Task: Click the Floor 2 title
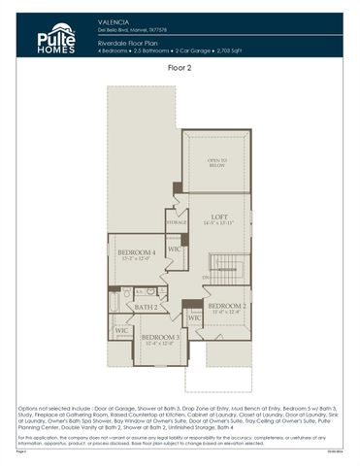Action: tap(180, 69)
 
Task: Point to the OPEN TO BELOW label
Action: tap(216, 162)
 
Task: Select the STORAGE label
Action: tap(176, 222)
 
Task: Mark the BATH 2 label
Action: tap(146, 307)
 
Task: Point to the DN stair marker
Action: tap(206, 280)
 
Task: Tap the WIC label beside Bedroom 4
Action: tap(174, 249)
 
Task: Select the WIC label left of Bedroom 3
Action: tap(122, 331)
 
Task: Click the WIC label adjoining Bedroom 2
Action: tap(193, 317)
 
